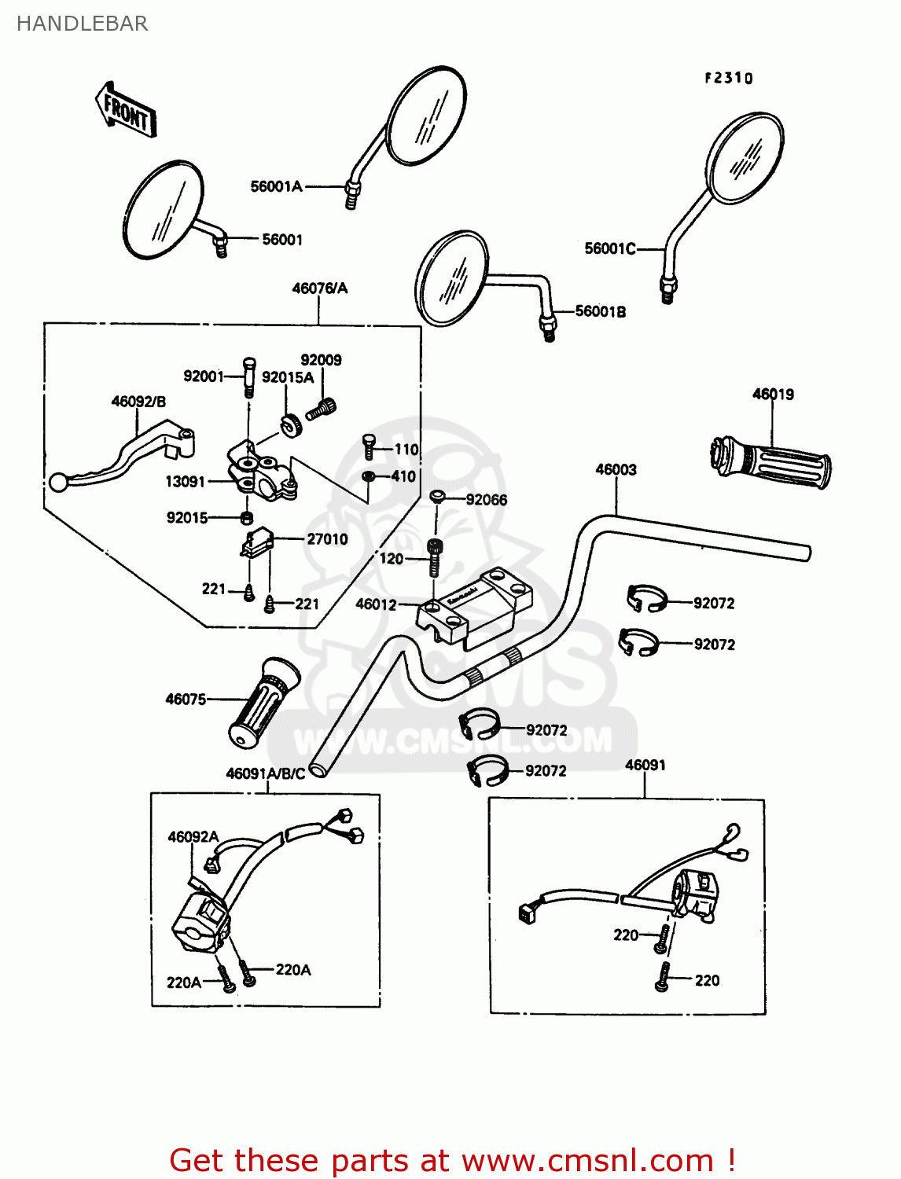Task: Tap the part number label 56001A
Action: point(276,186)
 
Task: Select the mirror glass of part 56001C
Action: point(745,157)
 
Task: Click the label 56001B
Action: point(601,311)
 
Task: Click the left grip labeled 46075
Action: point(264,703)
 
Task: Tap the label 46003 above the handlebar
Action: point(616,469)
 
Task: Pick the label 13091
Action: point(185,481)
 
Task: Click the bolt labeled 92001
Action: point(249,376)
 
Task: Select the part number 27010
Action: point(327,538)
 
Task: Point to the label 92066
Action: point(487,499)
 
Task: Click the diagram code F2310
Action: point(728,78)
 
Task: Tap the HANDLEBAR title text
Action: point(82,24)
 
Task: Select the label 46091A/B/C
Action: point(265,773)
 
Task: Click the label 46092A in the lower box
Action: point(193,836)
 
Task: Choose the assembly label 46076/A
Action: point(319,288)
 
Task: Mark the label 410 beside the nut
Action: point(403,476)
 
